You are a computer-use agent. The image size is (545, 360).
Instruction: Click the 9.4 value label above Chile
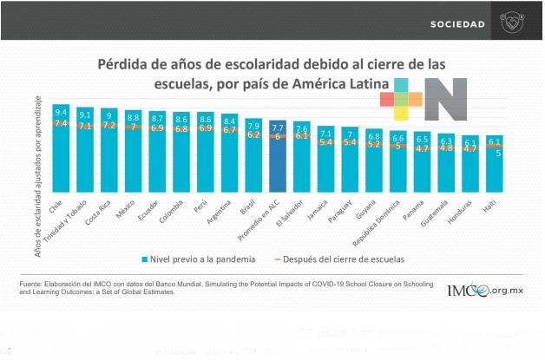point(61,113)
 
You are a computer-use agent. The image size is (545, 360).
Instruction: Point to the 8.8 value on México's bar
point(133,116)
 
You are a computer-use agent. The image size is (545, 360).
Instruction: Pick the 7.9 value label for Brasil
point(253,126)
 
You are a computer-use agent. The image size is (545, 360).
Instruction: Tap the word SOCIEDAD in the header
point(457,23)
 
